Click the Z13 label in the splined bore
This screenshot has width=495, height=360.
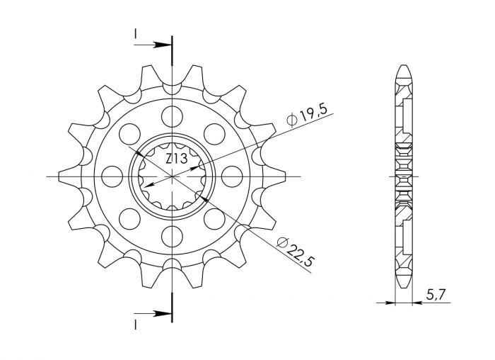click(176, 159)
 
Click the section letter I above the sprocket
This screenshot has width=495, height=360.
click(134, 33)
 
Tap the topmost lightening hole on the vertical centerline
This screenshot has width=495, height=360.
click(172, 116)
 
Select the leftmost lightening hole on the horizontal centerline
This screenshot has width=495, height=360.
click(112, 175)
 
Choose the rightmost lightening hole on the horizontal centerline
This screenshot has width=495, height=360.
click(231, 175)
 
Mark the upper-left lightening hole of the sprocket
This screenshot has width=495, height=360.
click(130, 133)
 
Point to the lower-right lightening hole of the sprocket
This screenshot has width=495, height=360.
click(214, 218)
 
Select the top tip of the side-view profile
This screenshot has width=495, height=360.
click(402, 68)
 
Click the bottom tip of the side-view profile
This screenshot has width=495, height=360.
click(402, 283)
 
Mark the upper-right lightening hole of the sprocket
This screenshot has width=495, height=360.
click(214, 133)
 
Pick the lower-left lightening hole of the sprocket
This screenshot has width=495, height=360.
click(130, 218)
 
